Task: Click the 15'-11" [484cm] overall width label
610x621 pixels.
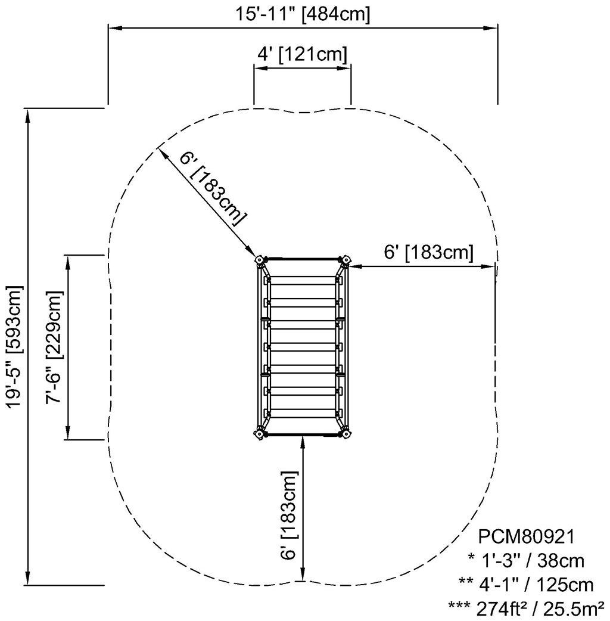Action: pos(302,14)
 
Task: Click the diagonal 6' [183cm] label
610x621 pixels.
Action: pos(212,188)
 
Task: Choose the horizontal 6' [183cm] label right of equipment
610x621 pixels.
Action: pos(428,253)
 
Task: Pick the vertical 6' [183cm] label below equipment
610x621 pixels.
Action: pos(288,515)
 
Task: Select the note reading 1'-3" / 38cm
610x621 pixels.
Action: pos(526,561)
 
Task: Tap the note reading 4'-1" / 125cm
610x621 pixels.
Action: pos(526,584)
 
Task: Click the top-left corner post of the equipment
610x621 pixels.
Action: pos(260,260)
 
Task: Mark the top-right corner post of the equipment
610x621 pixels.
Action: pos(344,260)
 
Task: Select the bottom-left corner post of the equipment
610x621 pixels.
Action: pos(260,434)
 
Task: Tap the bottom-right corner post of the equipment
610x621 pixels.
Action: pos(344,434)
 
